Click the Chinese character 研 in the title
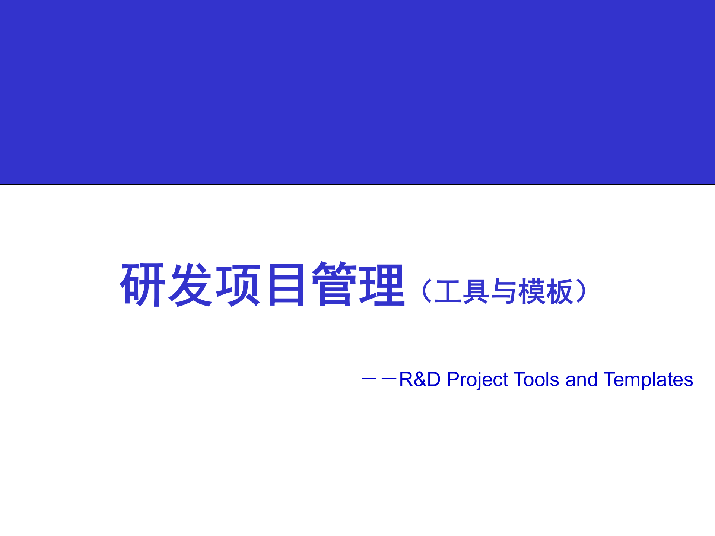point(142,284)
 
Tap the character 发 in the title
point(190,284)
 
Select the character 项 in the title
point(238,284)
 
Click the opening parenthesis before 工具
point(426,291)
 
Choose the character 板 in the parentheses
point(559,291)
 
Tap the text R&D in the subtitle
point(420,380)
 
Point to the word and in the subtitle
point(581,380)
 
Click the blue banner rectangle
point(357,92)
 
